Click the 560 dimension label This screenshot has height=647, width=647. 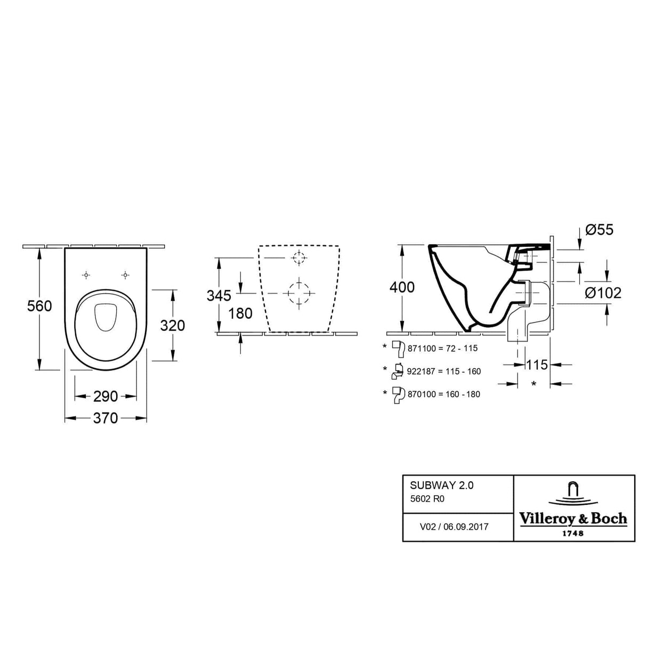pyautogui.click(x=40, y=306)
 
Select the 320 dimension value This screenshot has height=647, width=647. pyautogui.click(x=172, y=325)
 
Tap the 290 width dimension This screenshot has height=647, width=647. pyautogui.click(x=106, y=397)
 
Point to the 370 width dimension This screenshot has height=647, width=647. pyautogui.click(x=106, y=419)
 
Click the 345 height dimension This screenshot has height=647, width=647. pyautogui.click(x=219, y=295)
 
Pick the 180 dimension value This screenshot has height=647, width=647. pyautogui.click(x=240, y=313)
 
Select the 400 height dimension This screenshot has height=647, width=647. pyautogui.click(x=402, y=287)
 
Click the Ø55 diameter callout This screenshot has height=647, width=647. pyautogui.click(x=600, y=230)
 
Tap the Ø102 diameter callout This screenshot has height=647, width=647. pyautogui.click(x=603, y=293)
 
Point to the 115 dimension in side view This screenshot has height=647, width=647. pyautogui.click(x=536, y=365)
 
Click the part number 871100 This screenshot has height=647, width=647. pyautogui.click(x=422, y=349)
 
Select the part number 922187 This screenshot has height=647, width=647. pyautogui.click(x=422, y=371)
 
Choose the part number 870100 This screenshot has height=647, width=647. pyautogui.click(x=422, y=394)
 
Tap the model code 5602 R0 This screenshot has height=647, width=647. pyautogui.click(x=427, y=499)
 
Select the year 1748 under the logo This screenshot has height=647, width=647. pyautogui.click(x=573, y=533)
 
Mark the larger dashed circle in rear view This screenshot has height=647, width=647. pyautogui.click(x=299, y=293)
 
